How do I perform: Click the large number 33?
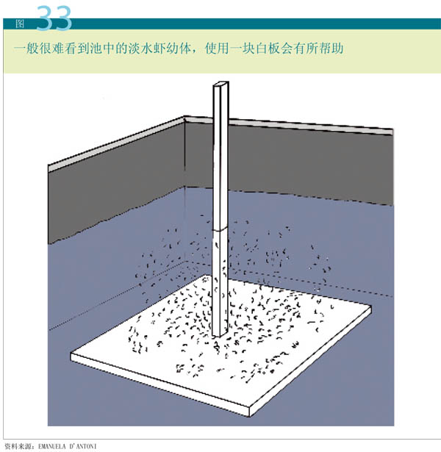(x=54, y=18)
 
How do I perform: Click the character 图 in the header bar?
(x=20, y=24)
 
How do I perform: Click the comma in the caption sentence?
(x=196, y=52)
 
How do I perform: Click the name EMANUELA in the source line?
(x=55, y=447)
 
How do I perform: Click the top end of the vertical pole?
(x=221, y=84)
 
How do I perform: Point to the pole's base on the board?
(x=220, y=335)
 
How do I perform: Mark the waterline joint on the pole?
(x=220, y=230)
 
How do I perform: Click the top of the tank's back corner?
(x=184, y=118)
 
